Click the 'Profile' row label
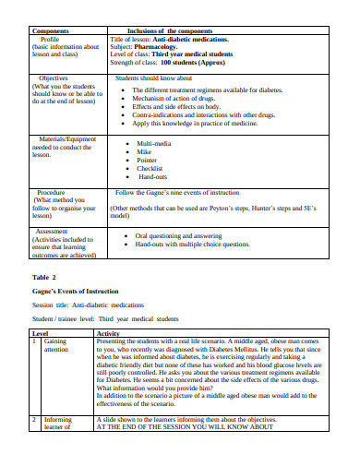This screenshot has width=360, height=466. pyautogui.click(x=51, y=39)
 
